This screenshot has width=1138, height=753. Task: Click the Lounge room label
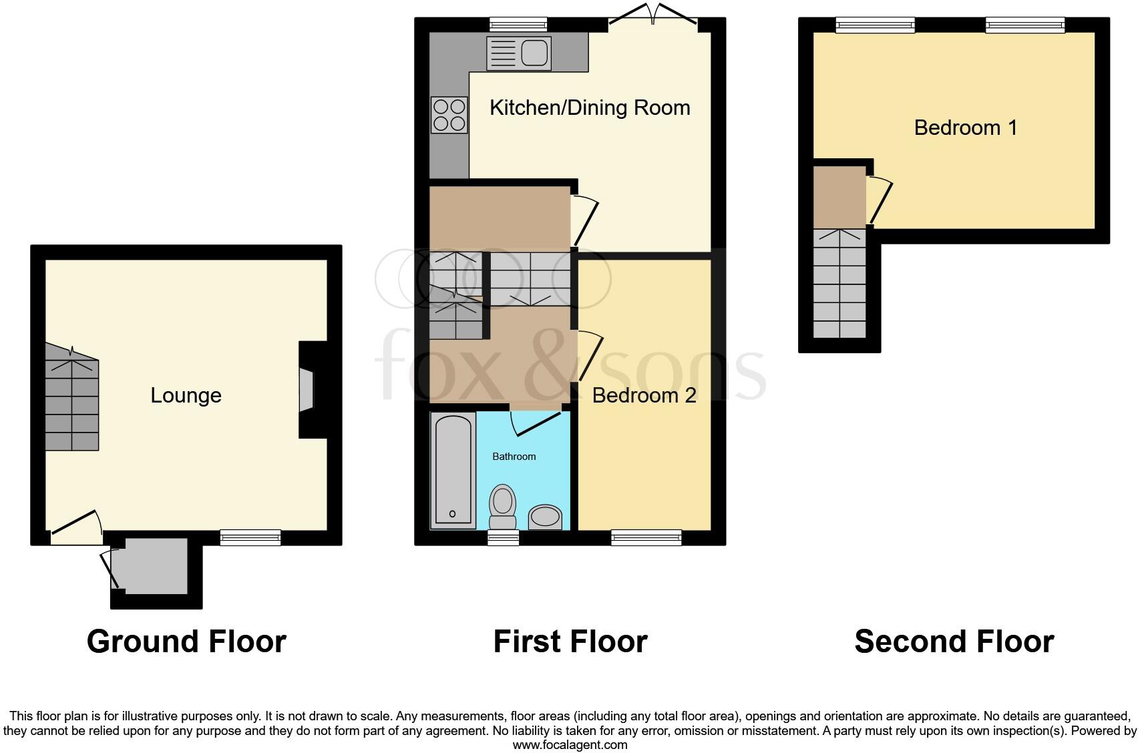coord(186,395)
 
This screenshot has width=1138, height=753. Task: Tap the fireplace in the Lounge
coord(306,391)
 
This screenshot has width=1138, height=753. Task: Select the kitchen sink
coord(519,53)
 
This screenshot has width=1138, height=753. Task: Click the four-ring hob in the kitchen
coord(449,115)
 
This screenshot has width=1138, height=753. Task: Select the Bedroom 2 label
coord(644,395)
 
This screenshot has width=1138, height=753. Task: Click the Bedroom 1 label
coord(965,128)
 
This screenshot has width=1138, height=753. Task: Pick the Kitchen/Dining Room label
coord(590,107)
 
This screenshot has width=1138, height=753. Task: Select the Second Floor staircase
coord(839,283)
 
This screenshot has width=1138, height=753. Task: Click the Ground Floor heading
coord(186,642)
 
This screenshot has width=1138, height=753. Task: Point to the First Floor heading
coord(570,642)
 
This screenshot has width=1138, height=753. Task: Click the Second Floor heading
coord(954,642)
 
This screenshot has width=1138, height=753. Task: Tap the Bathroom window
coord(503,537)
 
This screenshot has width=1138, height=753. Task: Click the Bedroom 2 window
coord(646,537)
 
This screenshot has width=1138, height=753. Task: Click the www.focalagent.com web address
coord(570,744)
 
